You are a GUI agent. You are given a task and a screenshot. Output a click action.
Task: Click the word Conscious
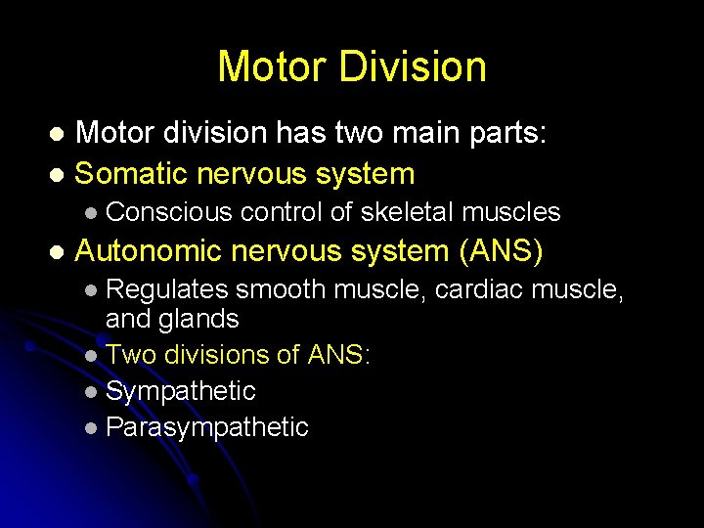pyautogui.click(x=168, y=212)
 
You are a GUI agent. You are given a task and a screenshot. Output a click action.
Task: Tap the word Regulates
pyautogui.click(x=167, y=289)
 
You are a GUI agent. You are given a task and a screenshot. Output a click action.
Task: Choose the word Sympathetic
pyautogui.click(x=181, y=391)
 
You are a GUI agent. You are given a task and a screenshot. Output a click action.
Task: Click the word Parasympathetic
pyautogui.click(x=207, y=427)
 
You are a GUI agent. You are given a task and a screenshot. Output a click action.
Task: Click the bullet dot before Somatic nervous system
pyautogui.click(x=56, y=175)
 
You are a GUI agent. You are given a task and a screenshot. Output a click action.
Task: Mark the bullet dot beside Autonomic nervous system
pyautogui.click(x=56, y=252)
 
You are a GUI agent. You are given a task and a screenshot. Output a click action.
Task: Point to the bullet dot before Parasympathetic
pyautogui.click(x=91, y=428)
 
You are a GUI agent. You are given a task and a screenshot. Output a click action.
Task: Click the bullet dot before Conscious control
pyautogui.click(x=91, y=213)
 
